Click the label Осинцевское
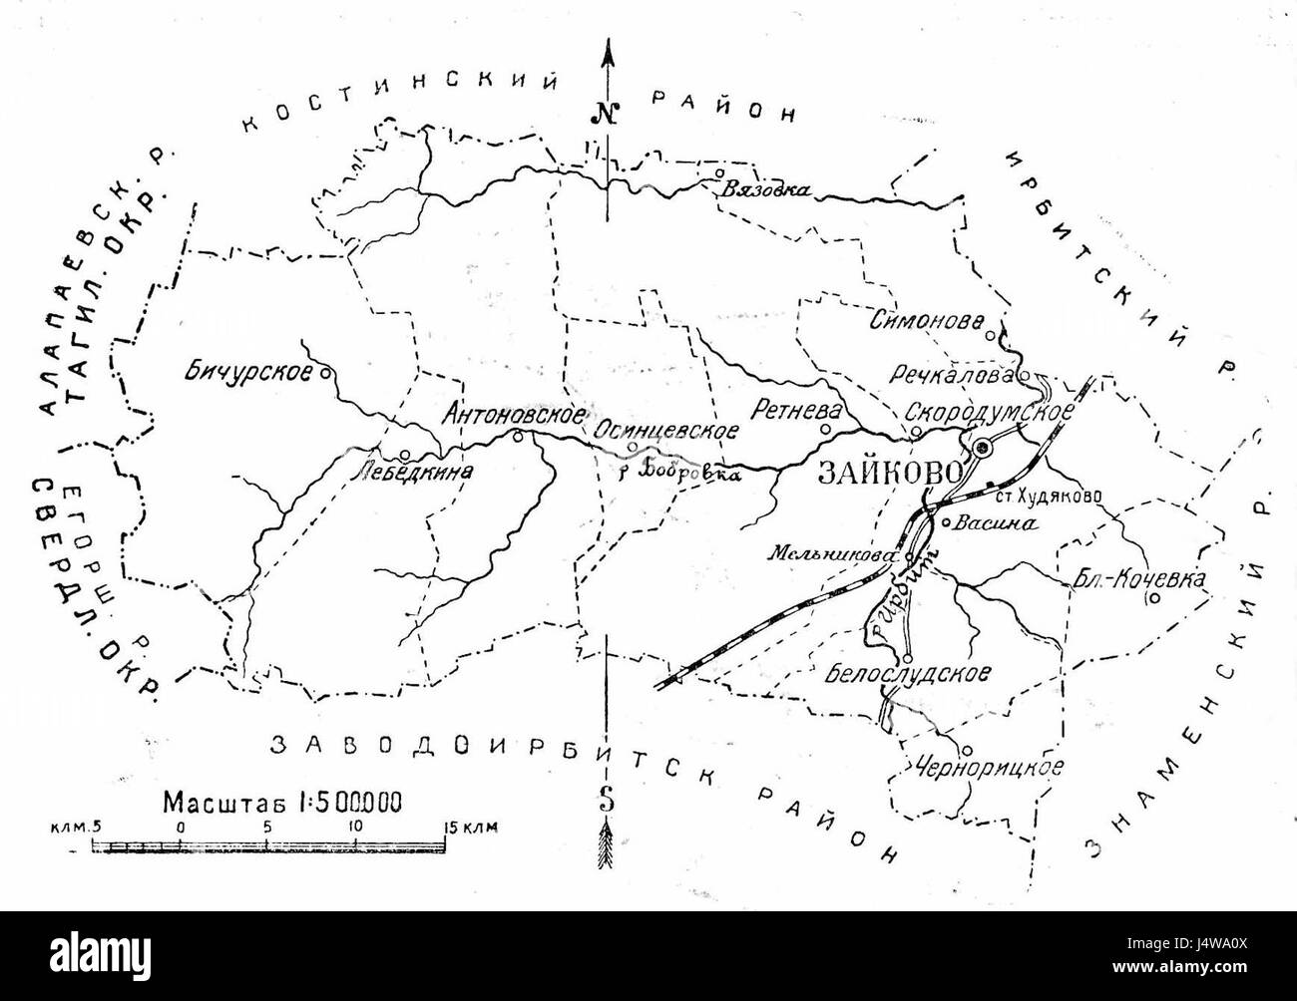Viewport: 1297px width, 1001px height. [x=665, y=431]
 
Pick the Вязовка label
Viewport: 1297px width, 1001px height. [x=766, y=191]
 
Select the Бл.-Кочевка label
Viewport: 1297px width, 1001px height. [x=1140, y=578]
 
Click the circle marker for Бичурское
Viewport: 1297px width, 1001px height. [x=324, y=374]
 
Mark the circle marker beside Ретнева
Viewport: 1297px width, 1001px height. [x=825, y=430]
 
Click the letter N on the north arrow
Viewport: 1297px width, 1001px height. [x=606, y=112]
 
